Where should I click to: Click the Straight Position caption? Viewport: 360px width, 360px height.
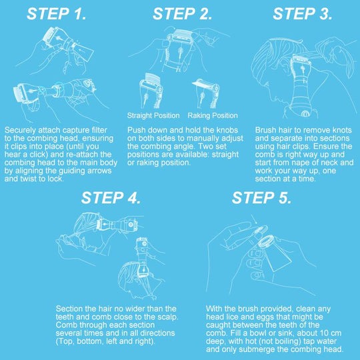pos(153,115)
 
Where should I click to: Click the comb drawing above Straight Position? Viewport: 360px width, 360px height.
pos(152,91)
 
